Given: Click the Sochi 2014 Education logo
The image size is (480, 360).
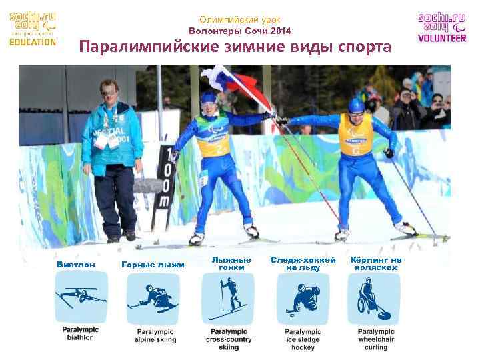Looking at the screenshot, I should click(x=33, y=28).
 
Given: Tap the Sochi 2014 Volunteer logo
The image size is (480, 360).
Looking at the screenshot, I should click(x=442, y=28).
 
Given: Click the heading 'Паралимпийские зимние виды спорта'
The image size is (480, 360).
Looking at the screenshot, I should click(x=235, y=48).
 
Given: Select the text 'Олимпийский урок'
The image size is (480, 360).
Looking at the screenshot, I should click(x=239, y=20).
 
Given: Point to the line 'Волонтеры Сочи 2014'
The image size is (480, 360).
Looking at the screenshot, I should click(x=239, y=31).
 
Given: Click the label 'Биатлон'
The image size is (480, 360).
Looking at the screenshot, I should click(x=76, y=265).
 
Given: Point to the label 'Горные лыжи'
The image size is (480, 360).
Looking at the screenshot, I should click(x=153, y=265).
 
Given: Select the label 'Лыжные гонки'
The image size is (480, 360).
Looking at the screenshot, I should click(x=231, y=263).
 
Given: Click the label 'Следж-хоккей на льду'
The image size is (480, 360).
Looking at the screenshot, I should click(x=303, y=263).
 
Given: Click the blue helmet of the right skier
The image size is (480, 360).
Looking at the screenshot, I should click(x=356, y=105).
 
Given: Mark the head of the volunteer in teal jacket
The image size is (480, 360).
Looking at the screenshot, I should click(x=107, y=89).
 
